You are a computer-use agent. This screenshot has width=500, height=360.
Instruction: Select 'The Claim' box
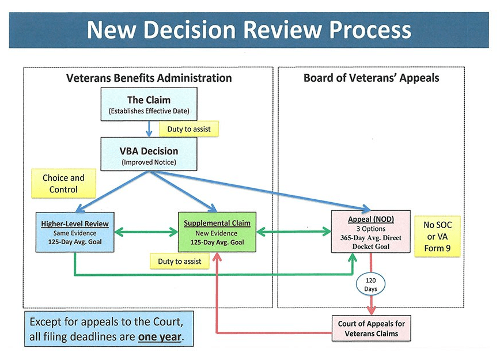pos(149,104)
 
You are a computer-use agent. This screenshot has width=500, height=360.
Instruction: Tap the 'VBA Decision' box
pos(149,154)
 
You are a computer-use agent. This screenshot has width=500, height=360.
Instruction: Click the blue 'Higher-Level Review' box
pos(75,233)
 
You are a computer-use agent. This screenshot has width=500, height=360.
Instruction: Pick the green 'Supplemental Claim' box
pos(217,233)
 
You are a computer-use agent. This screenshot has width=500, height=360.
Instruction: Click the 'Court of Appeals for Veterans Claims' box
pos(371,328)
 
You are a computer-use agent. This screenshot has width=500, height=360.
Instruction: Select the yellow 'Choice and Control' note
pos(63,184)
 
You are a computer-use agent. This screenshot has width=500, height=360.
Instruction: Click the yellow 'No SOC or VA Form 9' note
pos(437,236)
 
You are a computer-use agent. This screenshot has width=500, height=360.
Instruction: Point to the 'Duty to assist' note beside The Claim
pos(189,130)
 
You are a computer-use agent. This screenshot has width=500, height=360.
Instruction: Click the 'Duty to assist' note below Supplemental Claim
pos(180,262)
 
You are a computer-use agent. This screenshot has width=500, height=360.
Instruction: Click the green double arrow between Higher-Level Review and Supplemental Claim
pos(146,232)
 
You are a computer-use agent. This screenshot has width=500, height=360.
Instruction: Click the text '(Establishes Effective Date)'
pos(149,111)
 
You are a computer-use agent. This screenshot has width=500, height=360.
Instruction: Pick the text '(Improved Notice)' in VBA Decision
pos(149,162)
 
